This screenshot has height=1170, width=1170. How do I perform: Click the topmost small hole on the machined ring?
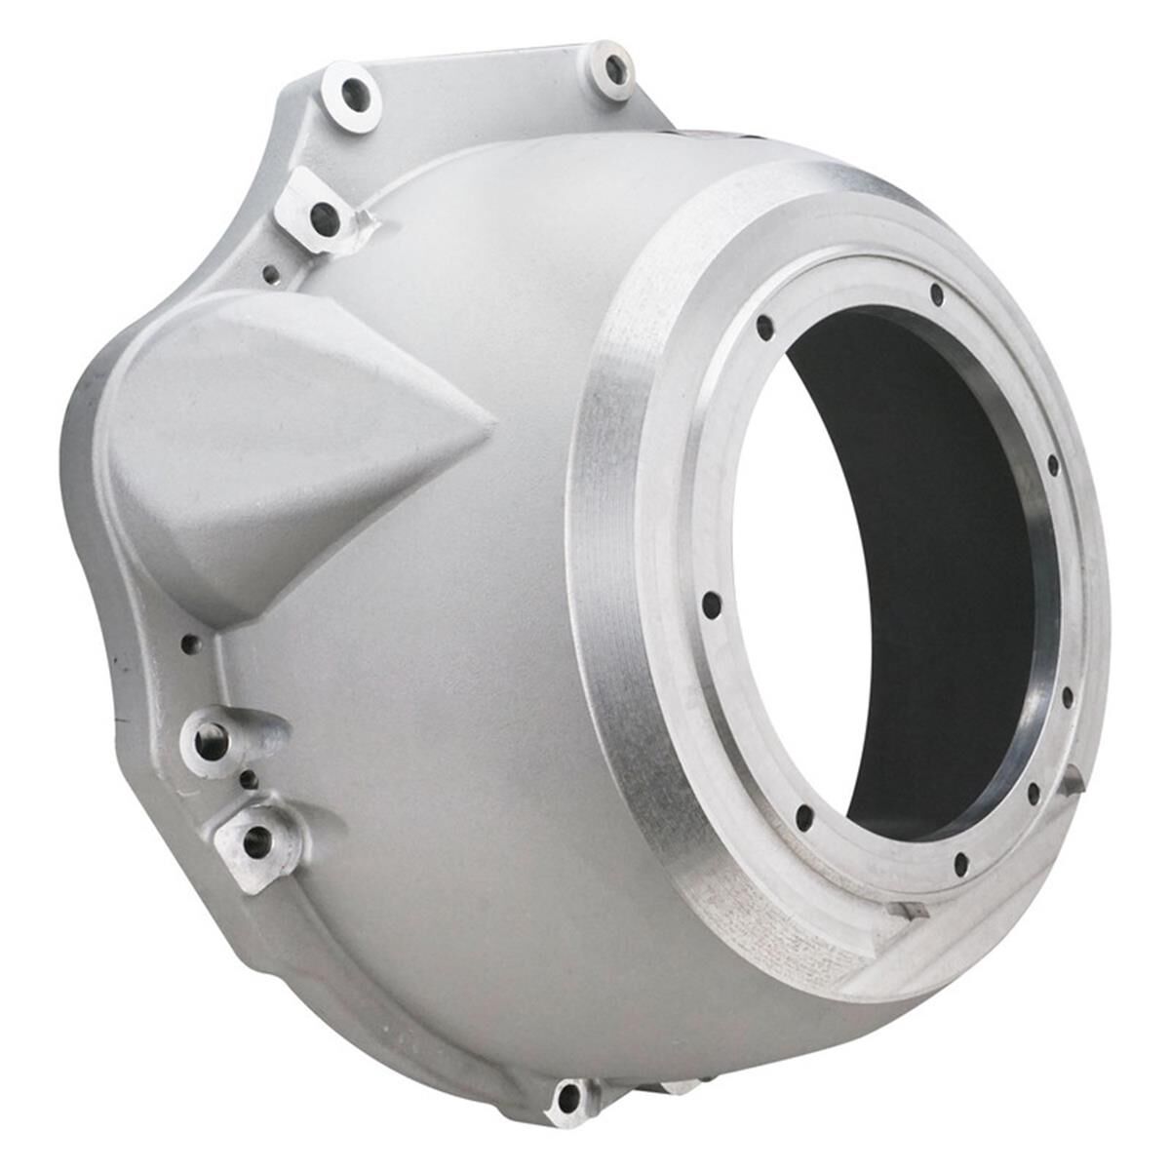click(937, 293)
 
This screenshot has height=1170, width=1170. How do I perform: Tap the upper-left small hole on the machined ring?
click(765, 329)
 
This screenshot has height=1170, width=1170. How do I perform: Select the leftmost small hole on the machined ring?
click(712, 606)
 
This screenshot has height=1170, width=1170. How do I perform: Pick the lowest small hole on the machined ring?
click(960, 862)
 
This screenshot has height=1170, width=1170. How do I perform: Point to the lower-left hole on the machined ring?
click(804, 817)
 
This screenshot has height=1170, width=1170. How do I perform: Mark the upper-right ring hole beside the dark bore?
click(1053, 465)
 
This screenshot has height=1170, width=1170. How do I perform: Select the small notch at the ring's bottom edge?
click(915, 911)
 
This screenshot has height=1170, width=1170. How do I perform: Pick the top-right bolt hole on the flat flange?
click(615, 69)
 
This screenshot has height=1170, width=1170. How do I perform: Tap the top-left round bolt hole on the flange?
click(352, 96)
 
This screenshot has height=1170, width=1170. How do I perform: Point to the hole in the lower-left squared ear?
click(256, 841)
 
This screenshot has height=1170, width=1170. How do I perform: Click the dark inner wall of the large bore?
click(936, 585)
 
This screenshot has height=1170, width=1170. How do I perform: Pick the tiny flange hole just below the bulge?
click(189, 643)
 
